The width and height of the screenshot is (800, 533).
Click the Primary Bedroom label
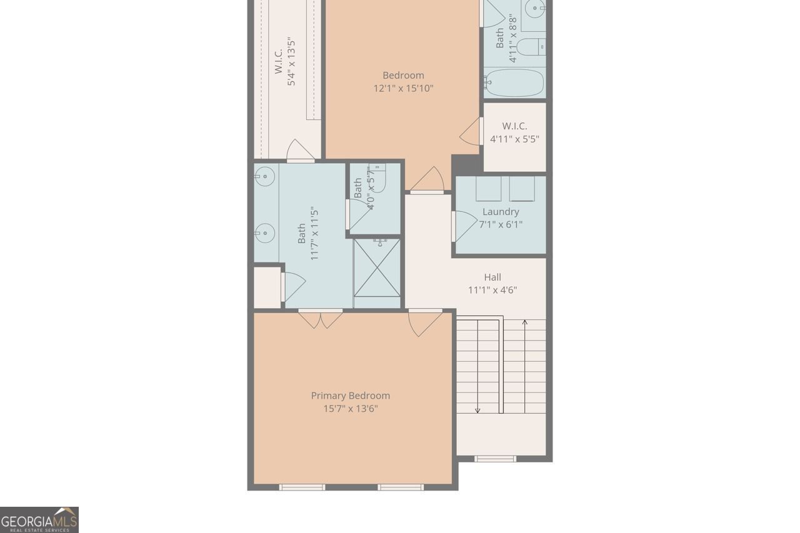point(350,396)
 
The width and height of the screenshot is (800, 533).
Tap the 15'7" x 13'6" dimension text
point(350,409)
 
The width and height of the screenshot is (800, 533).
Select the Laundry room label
point(501,212)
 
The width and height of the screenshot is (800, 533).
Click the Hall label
point(492,277)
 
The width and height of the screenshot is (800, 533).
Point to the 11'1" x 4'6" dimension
point(492,290)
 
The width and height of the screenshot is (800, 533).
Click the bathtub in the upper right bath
point(514,82)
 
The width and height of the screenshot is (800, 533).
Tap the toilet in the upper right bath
point(531,46)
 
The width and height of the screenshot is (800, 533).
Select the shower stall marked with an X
point(377,267)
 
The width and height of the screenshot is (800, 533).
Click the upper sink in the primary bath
point(265,177)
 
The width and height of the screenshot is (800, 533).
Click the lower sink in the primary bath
point(265,233)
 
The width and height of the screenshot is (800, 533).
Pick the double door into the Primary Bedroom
point(320,318)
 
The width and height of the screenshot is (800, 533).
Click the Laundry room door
point(463,226)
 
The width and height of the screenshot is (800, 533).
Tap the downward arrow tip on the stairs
point(478,410)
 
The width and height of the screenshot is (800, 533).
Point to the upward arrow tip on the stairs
point(525,322)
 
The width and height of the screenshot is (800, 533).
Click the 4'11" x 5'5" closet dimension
point(514,139)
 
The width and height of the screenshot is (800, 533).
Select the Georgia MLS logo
point(39,520)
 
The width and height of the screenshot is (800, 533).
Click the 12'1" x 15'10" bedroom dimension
point(403,89)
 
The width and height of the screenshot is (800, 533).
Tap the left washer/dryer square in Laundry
point(488,189)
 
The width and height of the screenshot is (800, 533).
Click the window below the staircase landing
point(495,459)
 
